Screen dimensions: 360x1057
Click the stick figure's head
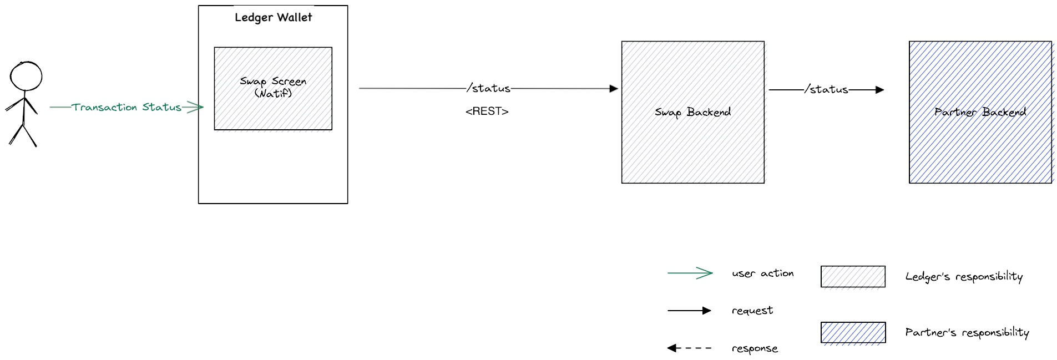click(26, 76)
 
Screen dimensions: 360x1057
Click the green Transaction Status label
click(127, 107)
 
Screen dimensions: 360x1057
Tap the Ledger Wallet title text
click(273, 18)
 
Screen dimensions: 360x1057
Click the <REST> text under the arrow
click(487, 111)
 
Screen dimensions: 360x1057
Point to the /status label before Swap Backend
click(489, 88)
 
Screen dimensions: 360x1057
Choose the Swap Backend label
click(692, 112)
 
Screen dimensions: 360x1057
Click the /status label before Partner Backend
click(827, 89)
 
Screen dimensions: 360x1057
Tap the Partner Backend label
click(980, 112)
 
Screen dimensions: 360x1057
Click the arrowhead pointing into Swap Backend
click(613, 89)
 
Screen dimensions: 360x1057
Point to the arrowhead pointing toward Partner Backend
click(879, 90)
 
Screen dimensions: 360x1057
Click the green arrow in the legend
click(690, 273)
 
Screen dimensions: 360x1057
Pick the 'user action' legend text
click(762, 273)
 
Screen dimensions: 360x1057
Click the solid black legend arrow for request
click(689, 311)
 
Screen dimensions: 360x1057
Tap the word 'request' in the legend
click(752, 311)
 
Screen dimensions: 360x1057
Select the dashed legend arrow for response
click(689, 348)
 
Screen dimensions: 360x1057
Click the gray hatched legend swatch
click(853, 277)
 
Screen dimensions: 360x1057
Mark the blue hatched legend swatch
click(853, 333)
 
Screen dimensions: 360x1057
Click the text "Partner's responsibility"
click(967, 333)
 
